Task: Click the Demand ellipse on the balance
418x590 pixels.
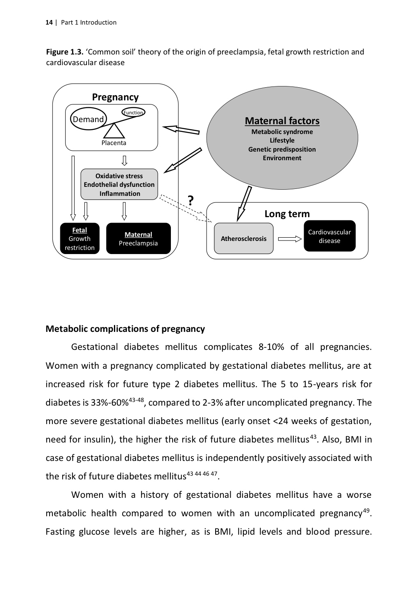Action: [89, 119]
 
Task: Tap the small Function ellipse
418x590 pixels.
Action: [133, 112]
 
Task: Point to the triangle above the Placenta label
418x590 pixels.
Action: [114, 131]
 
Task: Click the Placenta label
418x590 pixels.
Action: [114, 143]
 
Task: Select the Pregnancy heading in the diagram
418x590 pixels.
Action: [115, 97]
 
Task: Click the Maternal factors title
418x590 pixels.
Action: [282, 121]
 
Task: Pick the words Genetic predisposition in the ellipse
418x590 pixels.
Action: [282, 149]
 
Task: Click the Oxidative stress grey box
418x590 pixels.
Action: [119, 184]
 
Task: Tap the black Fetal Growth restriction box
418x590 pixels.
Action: [80, 239]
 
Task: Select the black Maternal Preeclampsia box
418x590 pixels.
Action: [138, 239]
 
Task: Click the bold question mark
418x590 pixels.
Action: [191, 200]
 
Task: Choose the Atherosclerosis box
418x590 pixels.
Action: [243, 238]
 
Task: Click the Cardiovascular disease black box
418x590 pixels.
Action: [329, 236]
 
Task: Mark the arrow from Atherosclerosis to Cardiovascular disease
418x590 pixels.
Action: [289, 239]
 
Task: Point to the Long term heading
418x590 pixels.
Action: [287, 214]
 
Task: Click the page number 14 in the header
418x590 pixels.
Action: [49, 23]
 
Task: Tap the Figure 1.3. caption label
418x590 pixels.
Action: [65, 52]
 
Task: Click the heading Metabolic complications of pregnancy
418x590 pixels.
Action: [125, 329]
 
